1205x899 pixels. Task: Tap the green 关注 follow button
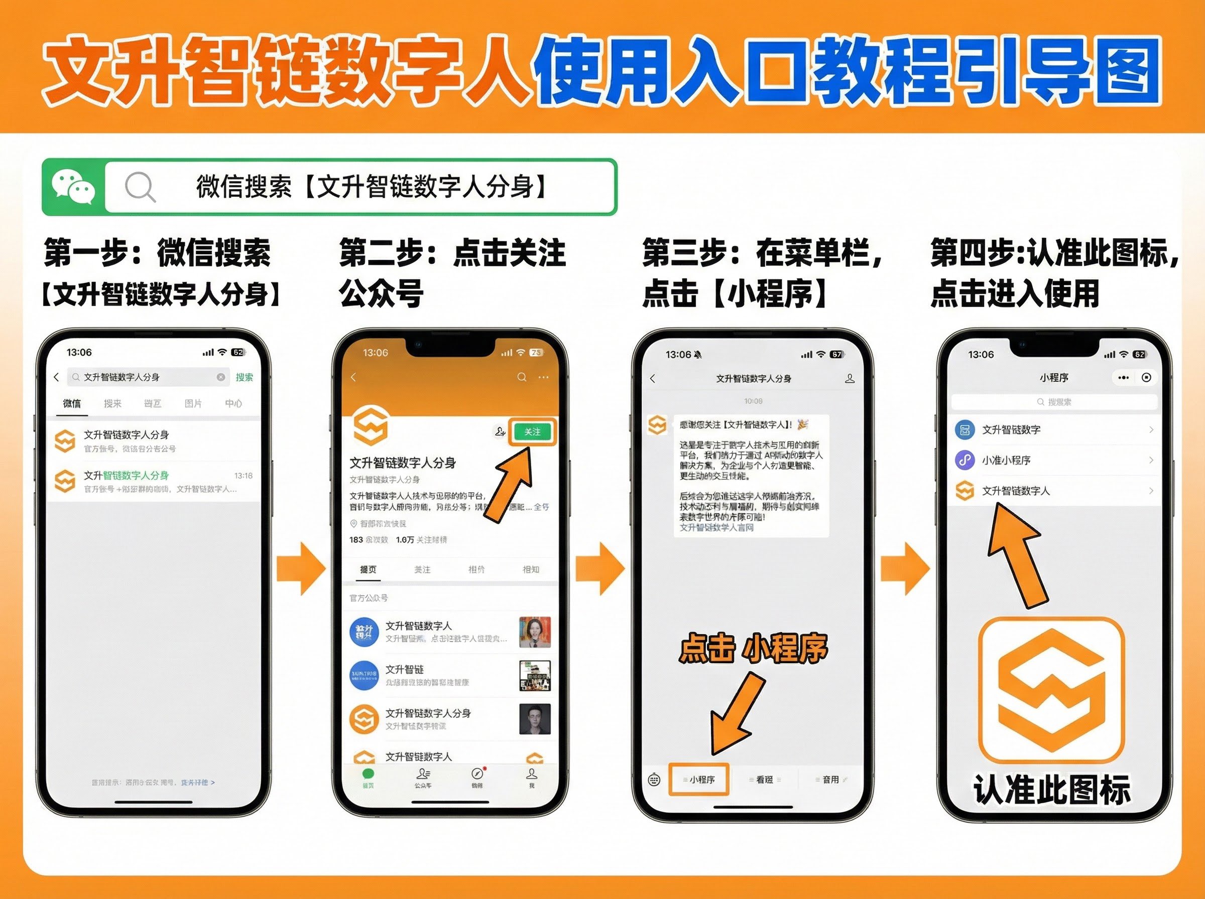point(532,432)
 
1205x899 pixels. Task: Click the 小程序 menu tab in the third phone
point(698,780)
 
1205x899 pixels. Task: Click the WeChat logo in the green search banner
point(73,187)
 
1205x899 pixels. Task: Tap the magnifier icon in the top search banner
point(140,187)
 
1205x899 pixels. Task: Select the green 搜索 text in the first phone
point(244,377)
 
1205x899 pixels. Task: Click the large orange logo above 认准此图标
point(1051,690)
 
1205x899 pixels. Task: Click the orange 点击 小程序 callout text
point(753,648)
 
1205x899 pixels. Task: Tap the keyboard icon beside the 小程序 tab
point(654,780)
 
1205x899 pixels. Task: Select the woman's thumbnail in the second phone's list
point(535,632)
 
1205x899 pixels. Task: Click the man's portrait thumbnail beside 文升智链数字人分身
point(535,719)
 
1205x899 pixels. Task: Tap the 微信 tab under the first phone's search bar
point(71,404)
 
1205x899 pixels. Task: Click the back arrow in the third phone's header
point(653,379)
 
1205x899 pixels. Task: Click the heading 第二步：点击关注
point(452,253)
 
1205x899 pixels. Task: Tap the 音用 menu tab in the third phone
point(830,780)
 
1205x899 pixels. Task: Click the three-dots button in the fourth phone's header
point(1123,377)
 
